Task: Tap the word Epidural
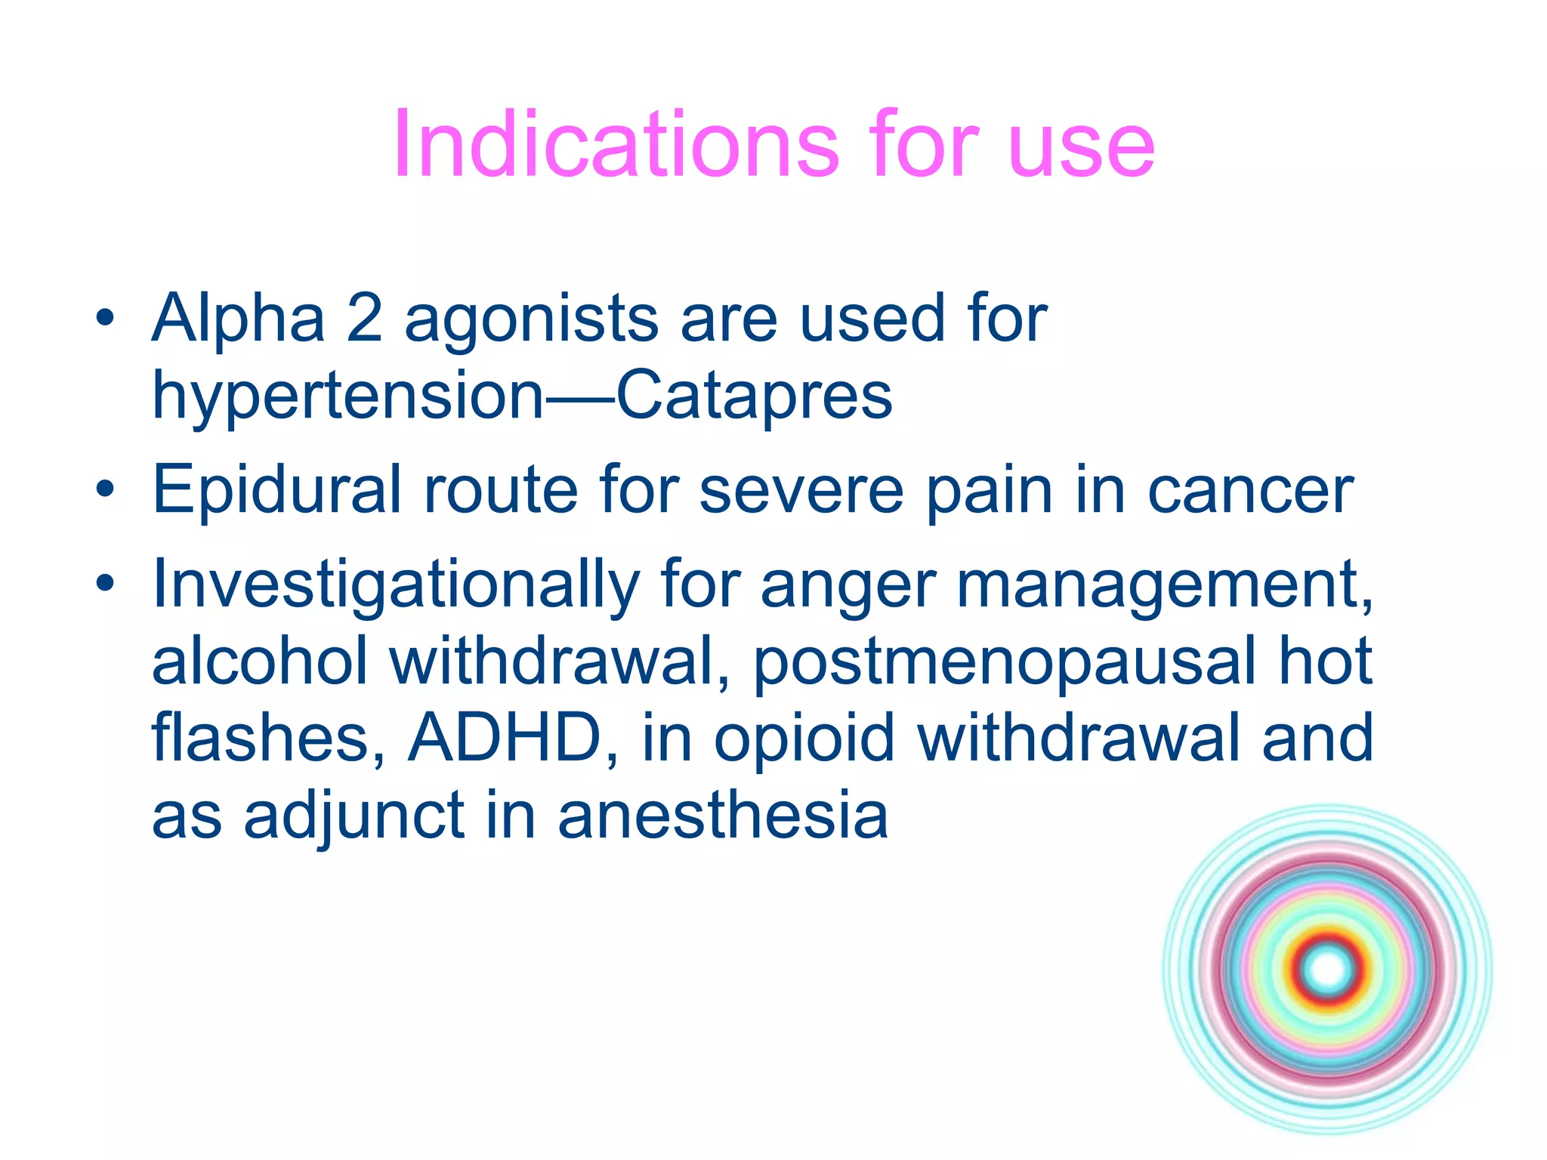tap(276, 491)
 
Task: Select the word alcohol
tap(260, 662)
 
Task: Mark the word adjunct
tap(353, 817)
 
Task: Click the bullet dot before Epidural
tap(105, 490)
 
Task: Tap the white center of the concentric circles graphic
tap(1327, 970)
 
